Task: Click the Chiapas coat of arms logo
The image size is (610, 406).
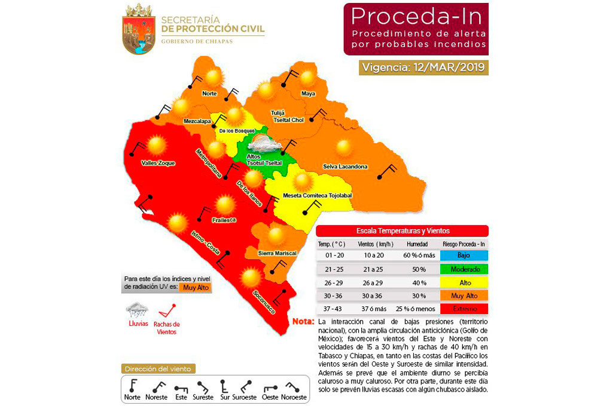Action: coord(139,28)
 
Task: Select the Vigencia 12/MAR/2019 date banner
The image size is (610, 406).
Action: coord(424,67)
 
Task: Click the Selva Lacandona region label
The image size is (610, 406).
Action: coord(345,166)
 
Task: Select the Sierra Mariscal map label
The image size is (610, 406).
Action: coord(277,253)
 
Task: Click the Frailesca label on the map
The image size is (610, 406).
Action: coord(224,220)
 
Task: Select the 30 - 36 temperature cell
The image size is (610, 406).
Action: coord(335,296)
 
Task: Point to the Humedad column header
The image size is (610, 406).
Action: coord(416,244)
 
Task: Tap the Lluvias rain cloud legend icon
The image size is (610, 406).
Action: coord(138,310)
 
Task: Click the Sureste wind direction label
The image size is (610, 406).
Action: coord(203,397)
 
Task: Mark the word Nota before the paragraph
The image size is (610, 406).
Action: coord(303,322)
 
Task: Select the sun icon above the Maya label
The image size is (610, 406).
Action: coord(308,78)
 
